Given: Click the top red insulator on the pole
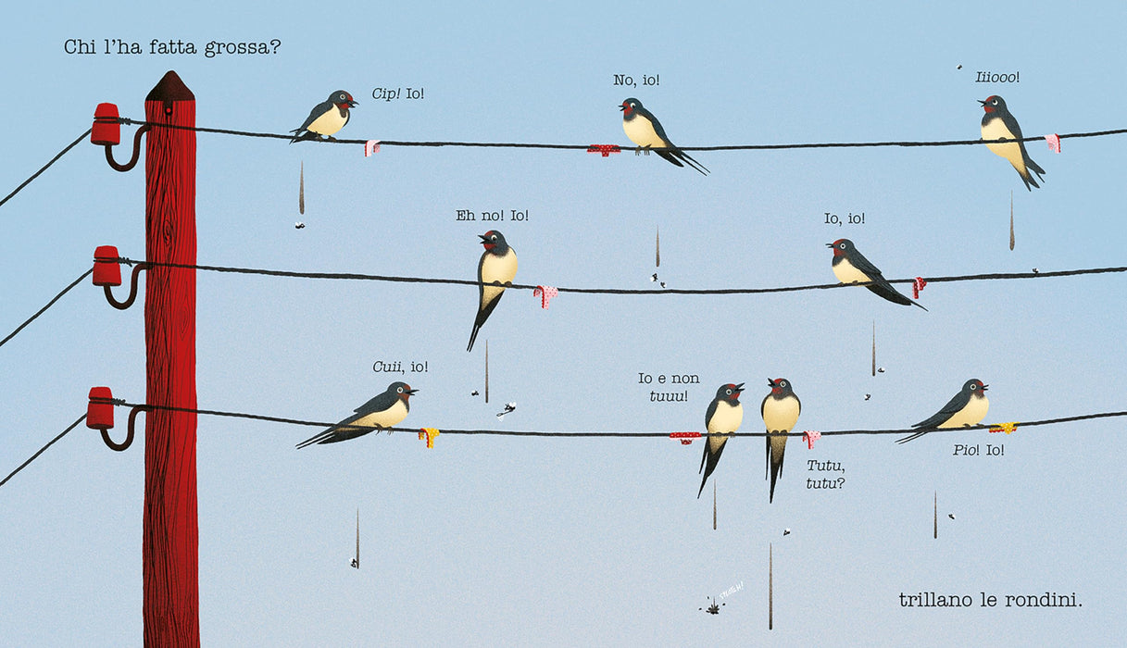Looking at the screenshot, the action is (x=106, y=124).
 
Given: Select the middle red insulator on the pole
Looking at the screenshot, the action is (x=106, y=267).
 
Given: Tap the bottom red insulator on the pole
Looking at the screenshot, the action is (x=101, y=408).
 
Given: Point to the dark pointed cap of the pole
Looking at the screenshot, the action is (x=170, y=85).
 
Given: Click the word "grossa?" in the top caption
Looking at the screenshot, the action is (x=243, y=48).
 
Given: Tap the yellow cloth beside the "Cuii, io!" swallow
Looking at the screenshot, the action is (x=429, y=437).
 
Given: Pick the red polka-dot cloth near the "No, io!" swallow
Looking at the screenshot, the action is (x=604, y=149).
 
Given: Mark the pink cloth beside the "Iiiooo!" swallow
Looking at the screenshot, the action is (x=1053, y=143).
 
